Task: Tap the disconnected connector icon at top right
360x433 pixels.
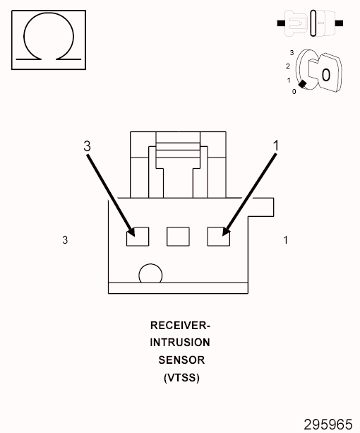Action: point(311,23)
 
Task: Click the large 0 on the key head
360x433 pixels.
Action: point(325,74)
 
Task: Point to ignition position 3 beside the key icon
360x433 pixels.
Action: point(292,53)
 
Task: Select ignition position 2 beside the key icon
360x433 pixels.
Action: point(288,66)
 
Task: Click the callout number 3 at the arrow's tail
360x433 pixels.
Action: point(87,146)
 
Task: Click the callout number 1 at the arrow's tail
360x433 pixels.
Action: point(276,145)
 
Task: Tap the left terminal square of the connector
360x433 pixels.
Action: point(138,236)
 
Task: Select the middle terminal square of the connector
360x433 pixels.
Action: point(178,236)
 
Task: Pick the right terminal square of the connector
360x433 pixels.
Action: point(218,236)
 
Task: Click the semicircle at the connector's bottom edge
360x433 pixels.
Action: point(150,275)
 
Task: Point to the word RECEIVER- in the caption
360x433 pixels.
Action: point(180,326)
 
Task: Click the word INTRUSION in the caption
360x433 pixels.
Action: point(180,343)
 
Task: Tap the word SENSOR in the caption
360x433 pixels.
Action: point(181,360)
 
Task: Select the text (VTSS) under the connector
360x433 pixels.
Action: point(181,377)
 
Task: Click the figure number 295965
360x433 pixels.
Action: point(328,424)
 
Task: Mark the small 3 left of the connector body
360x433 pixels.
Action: point(65,240)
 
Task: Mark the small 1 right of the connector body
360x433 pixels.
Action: point(285,240)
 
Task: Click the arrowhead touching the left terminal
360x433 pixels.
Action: point(131,232)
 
